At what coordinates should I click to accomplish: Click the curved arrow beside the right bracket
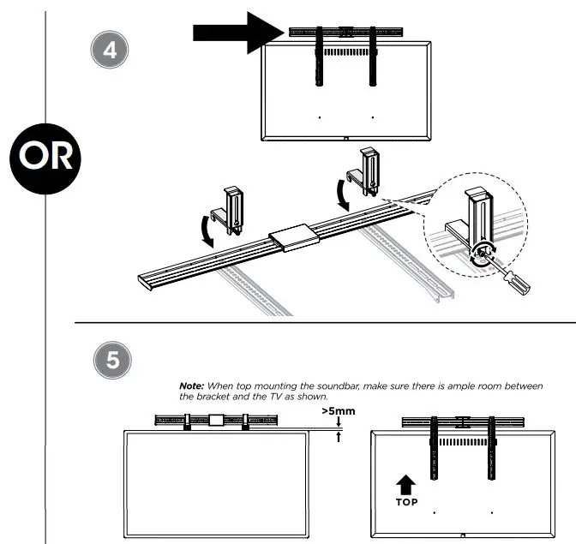[344, 194]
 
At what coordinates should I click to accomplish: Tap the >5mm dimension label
[338, 411]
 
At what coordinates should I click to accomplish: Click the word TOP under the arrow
[407, 502]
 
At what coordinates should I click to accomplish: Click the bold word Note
[194, 386]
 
